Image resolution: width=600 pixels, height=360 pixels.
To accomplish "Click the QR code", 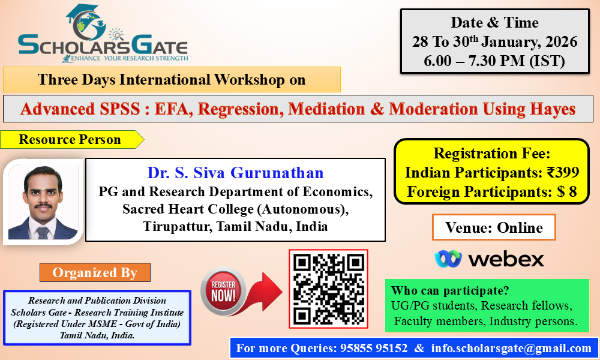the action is (328, 289).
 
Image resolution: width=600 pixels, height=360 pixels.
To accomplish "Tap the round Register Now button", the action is (223, 290).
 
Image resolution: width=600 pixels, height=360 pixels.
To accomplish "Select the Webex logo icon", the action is (448, 259).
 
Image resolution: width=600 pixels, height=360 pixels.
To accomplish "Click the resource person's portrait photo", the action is (43, 202).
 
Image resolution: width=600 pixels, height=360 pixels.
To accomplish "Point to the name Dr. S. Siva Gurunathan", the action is (235, 173).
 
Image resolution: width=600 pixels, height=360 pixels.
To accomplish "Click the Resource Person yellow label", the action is (71, 139).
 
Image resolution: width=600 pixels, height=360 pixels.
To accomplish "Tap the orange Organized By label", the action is (95, 272).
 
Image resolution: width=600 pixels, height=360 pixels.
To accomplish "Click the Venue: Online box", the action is (494, 227).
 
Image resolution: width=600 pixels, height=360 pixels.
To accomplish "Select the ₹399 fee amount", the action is (563, 173).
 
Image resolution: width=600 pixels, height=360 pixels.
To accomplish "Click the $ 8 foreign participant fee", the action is (567, 191).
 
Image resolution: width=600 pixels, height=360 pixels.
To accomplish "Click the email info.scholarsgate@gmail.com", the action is (511, 348).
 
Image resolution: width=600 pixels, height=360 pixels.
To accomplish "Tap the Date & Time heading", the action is (494, 23).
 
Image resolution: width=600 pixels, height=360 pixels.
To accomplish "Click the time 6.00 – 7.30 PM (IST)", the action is (494, 61).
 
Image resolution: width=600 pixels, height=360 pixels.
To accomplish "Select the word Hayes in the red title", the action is (553, 109).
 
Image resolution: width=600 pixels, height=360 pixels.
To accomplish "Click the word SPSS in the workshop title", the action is (120, 109).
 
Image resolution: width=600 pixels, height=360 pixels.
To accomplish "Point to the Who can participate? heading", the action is (450, 290).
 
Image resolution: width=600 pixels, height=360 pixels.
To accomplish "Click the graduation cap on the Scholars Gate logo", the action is (82, 13).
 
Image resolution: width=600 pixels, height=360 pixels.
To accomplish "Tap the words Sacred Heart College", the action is (188, 209).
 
